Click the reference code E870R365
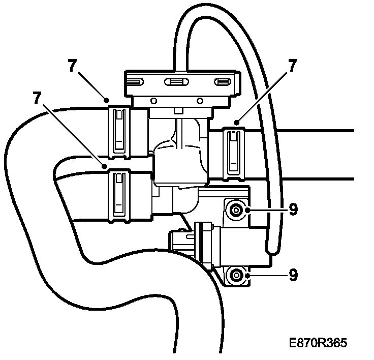click(318, 343)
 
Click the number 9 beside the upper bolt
click(293, 209)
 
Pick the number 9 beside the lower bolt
click(293, 275)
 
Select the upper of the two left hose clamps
click(119, 130)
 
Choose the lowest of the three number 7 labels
click(36, 97)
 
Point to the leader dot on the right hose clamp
click(237, 122)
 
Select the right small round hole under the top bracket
click(200, 100)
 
